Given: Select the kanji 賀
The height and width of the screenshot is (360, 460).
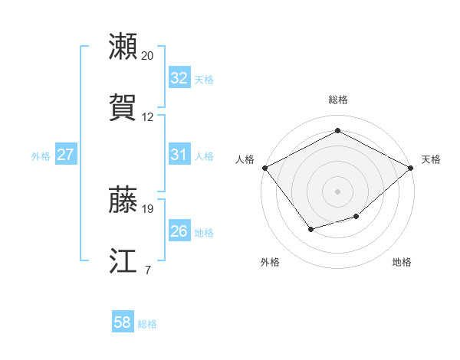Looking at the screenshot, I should pyautogui.click(x=123, y=108).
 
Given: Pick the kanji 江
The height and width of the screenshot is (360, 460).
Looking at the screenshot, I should pyautogui.click(x=123, y=261).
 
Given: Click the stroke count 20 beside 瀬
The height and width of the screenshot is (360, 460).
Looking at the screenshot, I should pyautogui.click(x=148, y=55).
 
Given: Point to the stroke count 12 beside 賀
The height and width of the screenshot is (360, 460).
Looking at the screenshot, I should pyautogui.click(x=148, y=117).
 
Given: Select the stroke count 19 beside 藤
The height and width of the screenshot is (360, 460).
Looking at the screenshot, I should pyautogui.click(x=148, y=208).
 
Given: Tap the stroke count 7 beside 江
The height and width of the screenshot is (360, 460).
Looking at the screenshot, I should pyautogui.click(x=147, y=270).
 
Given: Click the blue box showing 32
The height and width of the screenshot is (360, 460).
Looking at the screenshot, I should pyautogui.click(x=179, y=77).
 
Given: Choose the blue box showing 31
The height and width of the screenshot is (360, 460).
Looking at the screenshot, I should pyautogui.click(x=179, y=155).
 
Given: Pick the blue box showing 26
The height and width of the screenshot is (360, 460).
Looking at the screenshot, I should pyautogui.click(x=179, y=231).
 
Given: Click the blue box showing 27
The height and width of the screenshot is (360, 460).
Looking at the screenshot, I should pyautogui.click(x=66, y=155).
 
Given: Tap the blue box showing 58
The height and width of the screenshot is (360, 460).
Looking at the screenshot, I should pyautogui.click(x=123, y=323).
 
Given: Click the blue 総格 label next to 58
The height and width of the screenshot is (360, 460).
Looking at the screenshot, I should pyautogui.click(x=147, y=324).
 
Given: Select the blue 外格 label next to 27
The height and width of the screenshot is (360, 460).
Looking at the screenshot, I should pyautogui.click(x=41, y=155).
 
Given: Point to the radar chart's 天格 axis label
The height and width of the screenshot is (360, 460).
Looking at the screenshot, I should pyautogui.click(x=431, y=159).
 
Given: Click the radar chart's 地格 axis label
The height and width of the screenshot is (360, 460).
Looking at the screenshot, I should pyautogui.click(x=402, y=262).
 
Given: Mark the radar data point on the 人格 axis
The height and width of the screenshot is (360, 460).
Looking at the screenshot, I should pyautogui.click(x=264, y=167).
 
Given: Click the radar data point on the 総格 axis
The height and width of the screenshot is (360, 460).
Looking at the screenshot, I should pyautogui.click(x=337, y=131).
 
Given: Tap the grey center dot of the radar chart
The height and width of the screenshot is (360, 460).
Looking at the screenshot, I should pyautogui.click(x=337, y=191).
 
